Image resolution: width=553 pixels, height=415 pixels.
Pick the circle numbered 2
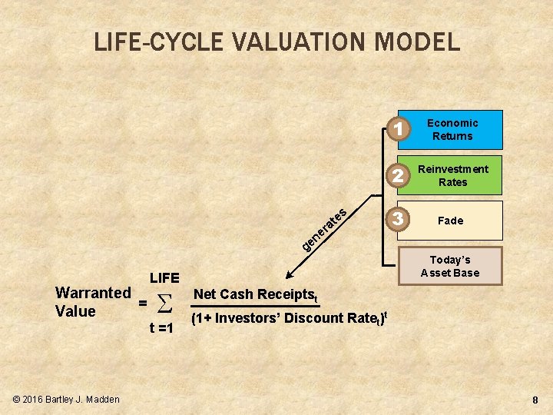click(x=398, y=176)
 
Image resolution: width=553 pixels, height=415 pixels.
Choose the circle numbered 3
click(x=398, y=219)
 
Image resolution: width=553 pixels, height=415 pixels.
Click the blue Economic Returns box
click(x=452, y=130)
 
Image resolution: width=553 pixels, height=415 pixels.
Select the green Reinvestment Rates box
click(x=452, y=175)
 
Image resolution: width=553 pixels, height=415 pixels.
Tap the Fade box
click(x=451, y=221)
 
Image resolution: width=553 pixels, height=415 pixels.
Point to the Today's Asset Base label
click(x=450, y=266)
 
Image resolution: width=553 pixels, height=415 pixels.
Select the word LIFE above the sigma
click(x=164, y=277)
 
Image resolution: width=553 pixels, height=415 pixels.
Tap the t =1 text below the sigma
click(x=161, y=329)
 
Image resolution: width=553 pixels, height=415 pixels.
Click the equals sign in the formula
click(x=142, y=303)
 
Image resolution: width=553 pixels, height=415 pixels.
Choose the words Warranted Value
click(x=93, y=302)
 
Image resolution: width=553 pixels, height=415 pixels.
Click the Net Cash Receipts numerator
click(x=256, y=294)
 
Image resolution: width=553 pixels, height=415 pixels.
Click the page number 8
click(x=536, y=400)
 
